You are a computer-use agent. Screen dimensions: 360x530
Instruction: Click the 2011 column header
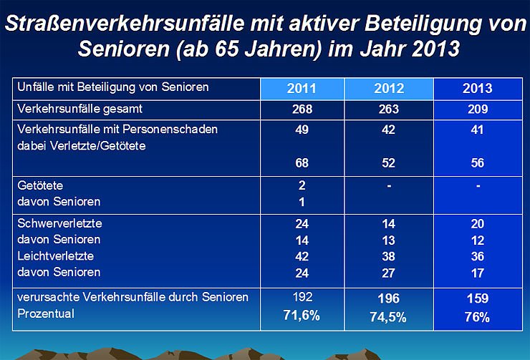pyautogui.click(x=302, y=89)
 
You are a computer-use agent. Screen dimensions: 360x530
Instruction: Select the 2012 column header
pyautogui.click(x=389, y=89)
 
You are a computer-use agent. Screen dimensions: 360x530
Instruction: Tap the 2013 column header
pyautogui.click(x=477, y=89)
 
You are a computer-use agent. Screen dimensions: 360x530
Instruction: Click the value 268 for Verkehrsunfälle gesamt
pyautogui.click(x=302, y=110)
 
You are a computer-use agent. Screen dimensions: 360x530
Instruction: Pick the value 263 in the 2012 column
pyautogui.click(x=389, y=110)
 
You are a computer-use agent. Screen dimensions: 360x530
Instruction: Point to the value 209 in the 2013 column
pyautogui.click(x=477, y=110)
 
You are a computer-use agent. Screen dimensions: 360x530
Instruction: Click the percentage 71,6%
pyautogui.click(x=302, y=316)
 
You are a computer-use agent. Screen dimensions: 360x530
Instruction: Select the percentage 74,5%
pyautogui.click(x=389, y=318)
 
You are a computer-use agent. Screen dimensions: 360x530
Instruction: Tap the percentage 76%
pyautogui.click(x=477, y=318)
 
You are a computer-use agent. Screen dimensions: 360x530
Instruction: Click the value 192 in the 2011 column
pyautogui.click(x=302, y=297)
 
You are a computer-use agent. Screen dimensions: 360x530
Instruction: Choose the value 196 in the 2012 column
pyautogui.click(x=389, y=298)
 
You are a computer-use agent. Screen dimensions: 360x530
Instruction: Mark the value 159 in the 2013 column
pyautogui.click(x=477, y=298)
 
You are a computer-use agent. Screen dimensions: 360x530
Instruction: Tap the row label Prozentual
pyautogui.click(x=43, y=313)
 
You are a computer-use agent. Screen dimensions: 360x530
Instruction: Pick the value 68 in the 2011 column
pyautogui.click(x=302, y=163)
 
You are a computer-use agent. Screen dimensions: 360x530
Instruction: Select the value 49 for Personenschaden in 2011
pyautogui.click(x=302, y=130)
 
